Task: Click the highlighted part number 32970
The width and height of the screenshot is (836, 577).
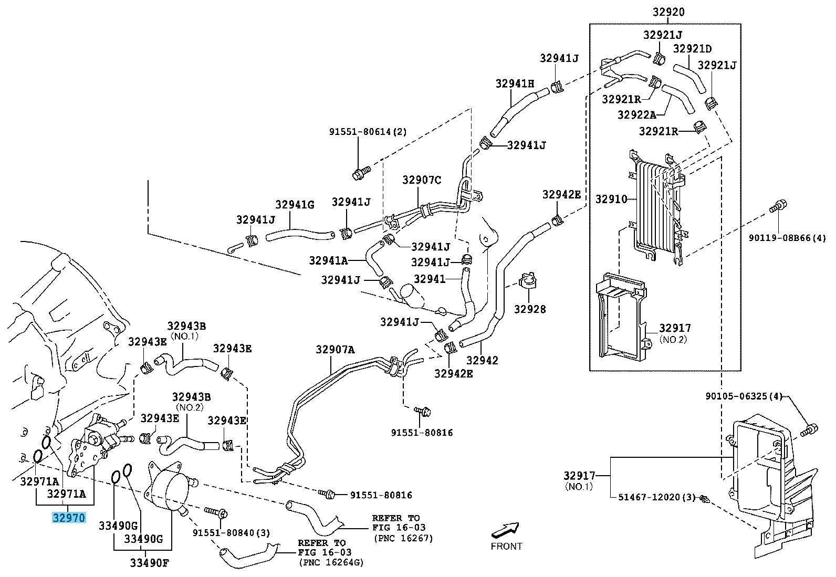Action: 68,518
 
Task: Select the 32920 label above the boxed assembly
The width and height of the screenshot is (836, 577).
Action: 668,12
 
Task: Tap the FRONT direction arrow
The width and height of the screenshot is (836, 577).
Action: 505,530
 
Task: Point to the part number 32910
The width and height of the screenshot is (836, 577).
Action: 611,199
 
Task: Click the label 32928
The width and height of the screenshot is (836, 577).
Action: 530,309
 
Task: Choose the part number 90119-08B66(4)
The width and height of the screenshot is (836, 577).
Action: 787,238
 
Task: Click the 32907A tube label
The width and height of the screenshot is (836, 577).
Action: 336,350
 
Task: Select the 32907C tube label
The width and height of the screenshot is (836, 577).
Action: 422,180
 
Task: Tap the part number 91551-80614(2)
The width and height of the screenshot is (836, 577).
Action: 368,132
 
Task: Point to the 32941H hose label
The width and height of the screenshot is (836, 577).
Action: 515,83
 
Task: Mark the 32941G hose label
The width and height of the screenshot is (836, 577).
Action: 295,205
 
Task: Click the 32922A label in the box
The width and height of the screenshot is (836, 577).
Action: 637,114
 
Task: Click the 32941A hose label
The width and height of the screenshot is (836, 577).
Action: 328,260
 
